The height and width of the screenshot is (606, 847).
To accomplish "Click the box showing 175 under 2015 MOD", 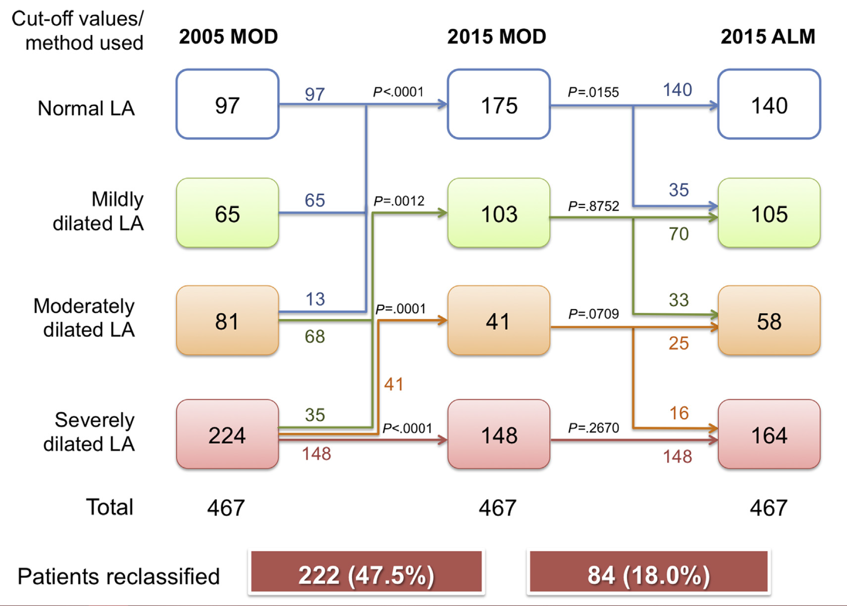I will point(499,105).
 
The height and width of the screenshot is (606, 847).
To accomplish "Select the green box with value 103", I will point(499,213).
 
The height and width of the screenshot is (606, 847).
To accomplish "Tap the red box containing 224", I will point(227,434).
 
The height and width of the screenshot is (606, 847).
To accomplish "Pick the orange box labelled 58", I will point(769,321).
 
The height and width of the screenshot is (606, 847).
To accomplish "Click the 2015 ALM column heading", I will point(768,37).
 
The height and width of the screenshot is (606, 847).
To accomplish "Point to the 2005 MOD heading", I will point(228,37).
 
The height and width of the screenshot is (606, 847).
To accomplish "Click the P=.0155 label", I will point(593,92).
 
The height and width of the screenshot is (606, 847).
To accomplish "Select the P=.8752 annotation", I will point(593,206).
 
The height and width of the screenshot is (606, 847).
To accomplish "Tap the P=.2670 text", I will point(593,428).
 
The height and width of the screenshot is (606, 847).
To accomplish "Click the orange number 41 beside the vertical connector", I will point(394,384).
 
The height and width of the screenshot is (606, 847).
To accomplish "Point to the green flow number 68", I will point(315,336).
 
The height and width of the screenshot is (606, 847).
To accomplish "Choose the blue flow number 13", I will point(315,299).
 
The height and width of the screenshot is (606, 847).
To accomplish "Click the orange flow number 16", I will point(679,413).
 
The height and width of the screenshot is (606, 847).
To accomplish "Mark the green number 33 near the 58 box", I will point(678,300).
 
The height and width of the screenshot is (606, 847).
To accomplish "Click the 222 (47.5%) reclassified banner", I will point(366,575).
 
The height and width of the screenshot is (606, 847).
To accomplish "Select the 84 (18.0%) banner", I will point(648,575).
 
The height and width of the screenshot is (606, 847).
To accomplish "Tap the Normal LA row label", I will point(86,108).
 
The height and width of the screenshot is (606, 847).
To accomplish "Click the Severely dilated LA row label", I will point(89,432).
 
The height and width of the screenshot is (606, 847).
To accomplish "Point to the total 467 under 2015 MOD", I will point(497,508).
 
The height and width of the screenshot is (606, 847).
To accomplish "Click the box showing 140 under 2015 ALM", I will point(769,105).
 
